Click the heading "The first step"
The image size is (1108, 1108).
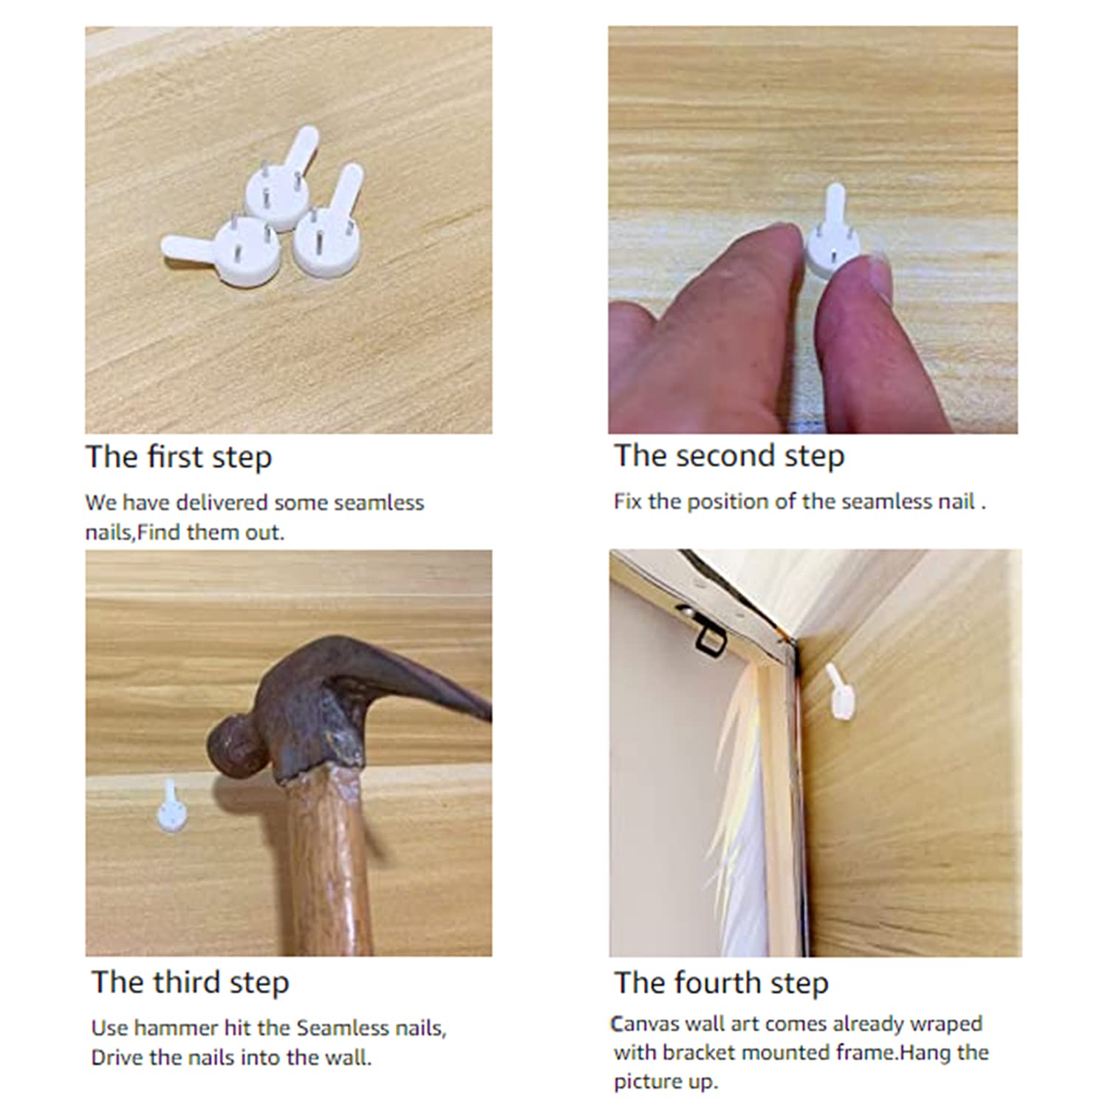179,457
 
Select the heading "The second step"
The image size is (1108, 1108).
729,456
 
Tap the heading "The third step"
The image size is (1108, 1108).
191,982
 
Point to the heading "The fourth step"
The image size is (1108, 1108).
721,982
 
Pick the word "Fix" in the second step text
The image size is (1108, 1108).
628,502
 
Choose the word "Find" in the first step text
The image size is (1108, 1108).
160,532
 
